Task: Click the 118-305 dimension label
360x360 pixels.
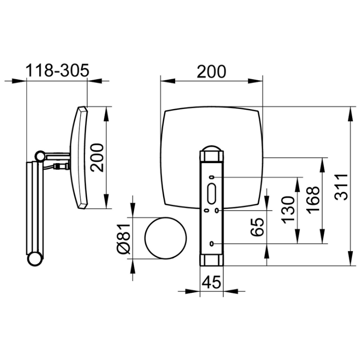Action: pyautogui.click(x=57, y=70)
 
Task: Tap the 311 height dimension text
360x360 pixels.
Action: pyautogui.click(x=341, y=187)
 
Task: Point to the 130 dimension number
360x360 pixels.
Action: pyautogui.click(x=288, y=210)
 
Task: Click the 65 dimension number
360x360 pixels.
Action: pyautogui.click(x=257, y=227)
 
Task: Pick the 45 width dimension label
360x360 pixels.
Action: pyautogui.click(x=212, y=282)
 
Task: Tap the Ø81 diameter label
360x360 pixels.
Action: pyautogui.click(x=124, y=239)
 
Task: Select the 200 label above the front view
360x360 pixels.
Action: pyautogui.click(x=212, y=72)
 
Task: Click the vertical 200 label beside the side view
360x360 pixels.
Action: pyautogui.click(x=97, y=157)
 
